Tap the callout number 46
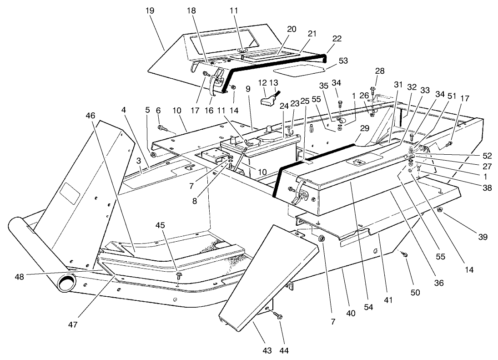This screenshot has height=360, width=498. tap(91, 116)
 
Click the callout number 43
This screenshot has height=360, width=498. tap(267, 350)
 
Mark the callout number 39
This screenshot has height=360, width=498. tap(482, 237)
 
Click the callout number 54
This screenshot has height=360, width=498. tap(368, 307)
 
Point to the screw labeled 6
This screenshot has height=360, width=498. tap(161, 128)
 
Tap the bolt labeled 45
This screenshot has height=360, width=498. tap(179, 274)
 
